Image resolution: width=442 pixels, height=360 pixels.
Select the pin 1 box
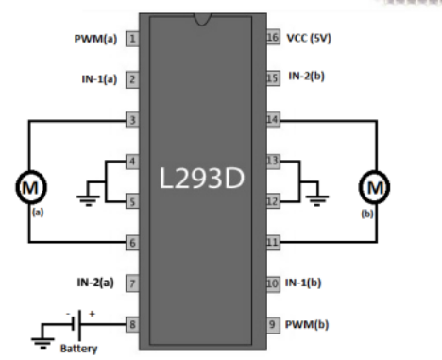click(x=132, y=40)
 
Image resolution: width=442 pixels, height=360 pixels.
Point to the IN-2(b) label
click(x=306, y=75)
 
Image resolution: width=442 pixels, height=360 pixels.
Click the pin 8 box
click(x=132, y=323)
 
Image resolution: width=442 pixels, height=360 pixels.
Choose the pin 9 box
click(x=272, y=323)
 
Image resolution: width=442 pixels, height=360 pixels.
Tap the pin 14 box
click(x=272, y=121)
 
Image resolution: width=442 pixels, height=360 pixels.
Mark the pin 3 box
click(x=132, y=121)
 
